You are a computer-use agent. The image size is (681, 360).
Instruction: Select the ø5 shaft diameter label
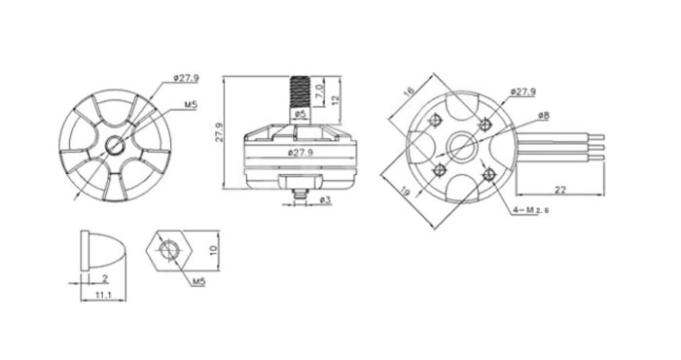click(x=300, y=116)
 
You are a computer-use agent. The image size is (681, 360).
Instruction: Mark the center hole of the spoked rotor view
click(x=115, y=146)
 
